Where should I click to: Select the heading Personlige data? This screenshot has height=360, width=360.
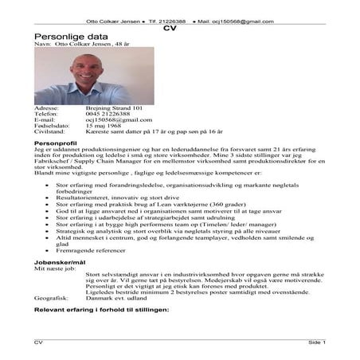tap(68, 37)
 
